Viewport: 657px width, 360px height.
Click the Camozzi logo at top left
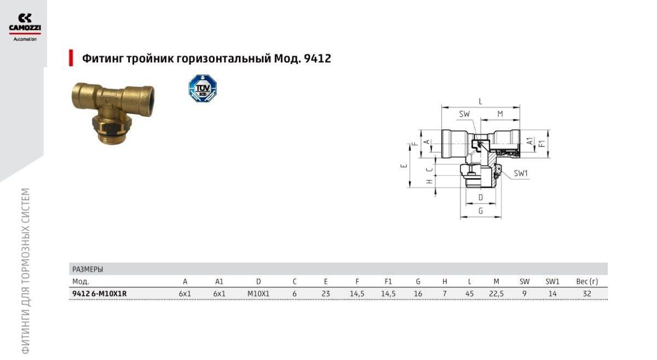[25, 27]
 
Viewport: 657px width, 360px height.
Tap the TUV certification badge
[203, 88]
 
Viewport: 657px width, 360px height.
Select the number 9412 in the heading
[318, 59]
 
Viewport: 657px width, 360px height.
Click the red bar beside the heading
[71, 58]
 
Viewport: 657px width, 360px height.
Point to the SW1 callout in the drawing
[521, 173]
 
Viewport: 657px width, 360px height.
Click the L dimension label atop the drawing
[481, 101]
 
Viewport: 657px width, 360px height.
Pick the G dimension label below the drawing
[481, 211]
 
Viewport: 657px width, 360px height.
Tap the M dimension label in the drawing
[500, 114]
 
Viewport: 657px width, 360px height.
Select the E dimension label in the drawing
[404, 166]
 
